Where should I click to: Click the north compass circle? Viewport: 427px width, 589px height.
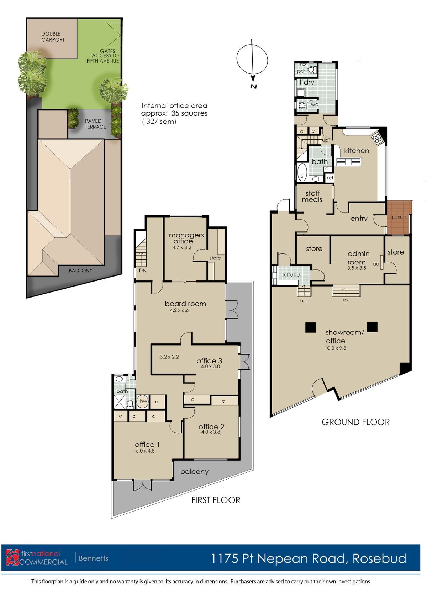click(237, 60)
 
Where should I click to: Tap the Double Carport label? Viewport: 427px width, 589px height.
click(53, 37)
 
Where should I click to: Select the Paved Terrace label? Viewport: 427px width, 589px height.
click(95, 124)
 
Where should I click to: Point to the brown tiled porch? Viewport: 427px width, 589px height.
click(399, 217)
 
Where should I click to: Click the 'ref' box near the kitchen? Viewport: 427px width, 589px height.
click(330, 177)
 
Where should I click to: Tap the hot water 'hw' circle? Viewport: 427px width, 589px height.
click(143, 401)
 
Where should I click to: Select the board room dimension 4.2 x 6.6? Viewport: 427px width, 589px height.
click(179, 310)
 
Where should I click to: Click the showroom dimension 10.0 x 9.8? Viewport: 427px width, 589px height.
click(336, 348)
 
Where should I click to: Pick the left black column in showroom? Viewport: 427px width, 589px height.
click(310, 327)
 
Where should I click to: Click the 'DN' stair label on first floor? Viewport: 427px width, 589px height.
click(142, 270)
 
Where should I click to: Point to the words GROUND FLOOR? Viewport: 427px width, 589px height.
click(355, 422)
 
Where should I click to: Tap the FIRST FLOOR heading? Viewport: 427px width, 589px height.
click(216, 500)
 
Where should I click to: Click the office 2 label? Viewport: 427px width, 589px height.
click(211, 427)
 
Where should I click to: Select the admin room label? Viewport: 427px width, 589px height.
click(358, 258)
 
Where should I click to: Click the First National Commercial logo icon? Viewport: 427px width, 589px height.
click(12, 557)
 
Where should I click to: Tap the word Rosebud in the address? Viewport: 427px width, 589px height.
click(379, 558)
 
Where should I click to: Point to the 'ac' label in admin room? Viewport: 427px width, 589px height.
click(376, 264)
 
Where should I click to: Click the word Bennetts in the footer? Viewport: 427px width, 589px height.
click(94, 558)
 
